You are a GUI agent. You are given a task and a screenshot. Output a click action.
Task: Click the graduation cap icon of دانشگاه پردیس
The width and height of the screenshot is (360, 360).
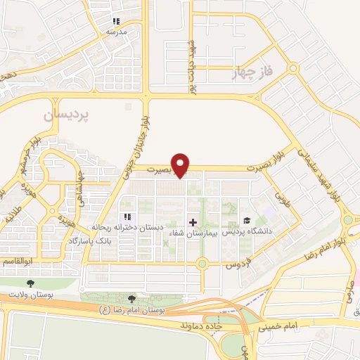point(247,221)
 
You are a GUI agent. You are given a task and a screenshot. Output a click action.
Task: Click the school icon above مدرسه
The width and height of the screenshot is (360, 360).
point(116,22)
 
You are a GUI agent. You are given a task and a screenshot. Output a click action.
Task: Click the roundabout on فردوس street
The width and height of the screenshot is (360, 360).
point(202,264)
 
